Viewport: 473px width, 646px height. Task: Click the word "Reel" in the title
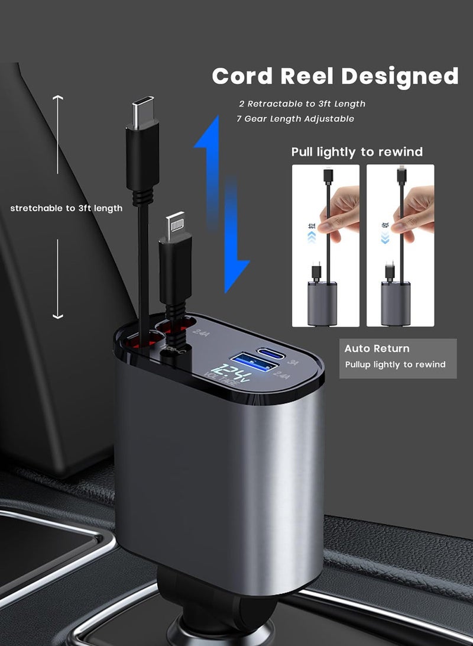pos(308,76)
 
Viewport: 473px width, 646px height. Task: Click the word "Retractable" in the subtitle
pos(275,104)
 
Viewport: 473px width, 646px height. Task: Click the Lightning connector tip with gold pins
pos(177,224)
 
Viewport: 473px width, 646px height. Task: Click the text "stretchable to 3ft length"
pos(66,208)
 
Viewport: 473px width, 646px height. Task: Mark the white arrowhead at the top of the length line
pos(57,98)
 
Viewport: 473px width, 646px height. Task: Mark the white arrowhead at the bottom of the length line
pos(57,316)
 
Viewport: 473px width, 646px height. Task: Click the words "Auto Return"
pos(377,348)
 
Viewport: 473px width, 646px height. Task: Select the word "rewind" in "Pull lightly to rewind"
pos(402,152)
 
